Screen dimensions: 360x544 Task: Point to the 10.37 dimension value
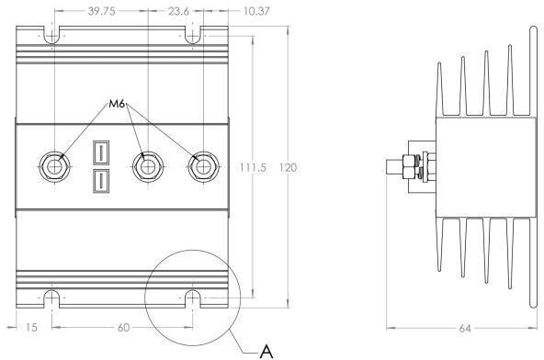pos(232,12)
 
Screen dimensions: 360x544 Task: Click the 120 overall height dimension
pos(288,168)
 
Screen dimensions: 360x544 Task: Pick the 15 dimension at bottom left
pos(29,326)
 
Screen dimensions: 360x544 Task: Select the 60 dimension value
pos(122,326)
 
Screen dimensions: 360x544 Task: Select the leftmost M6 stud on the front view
pos(55,166)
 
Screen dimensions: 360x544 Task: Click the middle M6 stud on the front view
pos(145,166)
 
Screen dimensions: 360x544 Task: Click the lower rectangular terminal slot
pos(100,181)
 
